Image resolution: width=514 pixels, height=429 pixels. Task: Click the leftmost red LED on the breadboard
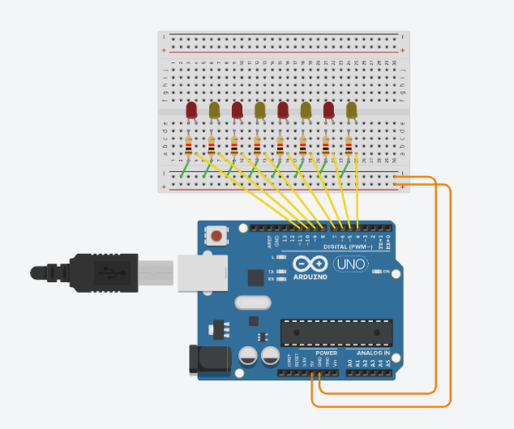pos(192,110)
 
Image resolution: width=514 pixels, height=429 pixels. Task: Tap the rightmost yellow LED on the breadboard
pos(352,110)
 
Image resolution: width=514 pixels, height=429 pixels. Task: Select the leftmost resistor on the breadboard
pos(189,148)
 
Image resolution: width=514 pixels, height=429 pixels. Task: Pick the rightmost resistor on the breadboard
pos(349,148)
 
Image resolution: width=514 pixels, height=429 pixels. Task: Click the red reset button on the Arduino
pos(216,236)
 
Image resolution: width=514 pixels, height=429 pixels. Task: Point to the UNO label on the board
pos(348,265)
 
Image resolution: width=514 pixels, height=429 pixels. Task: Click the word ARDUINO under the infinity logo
pos(309,276)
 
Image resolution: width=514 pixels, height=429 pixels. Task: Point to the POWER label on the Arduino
pos(326,353)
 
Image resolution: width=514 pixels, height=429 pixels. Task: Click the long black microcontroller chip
pos(336,331)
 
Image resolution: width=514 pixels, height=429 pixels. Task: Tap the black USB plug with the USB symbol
pos(104,272)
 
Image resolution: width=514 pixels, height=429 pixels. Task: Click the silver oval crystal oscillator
pos(253,302)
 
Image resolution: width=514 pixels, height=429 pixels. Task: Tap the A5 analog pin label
pos(386,363)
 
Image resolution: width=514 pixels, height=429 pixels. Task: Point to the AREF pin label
pos(269,241)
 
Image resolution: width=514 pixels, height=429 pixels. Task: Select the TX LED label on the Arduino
pos(271,271)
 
